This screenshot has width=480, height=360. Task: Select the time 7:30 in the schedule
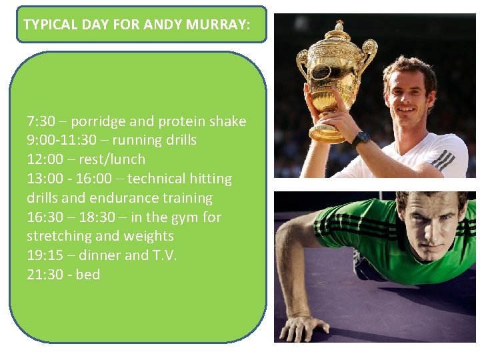41,121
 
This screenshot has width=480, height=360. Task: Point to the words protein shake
204,121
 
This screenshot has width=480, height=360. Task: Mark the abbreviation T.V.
161,255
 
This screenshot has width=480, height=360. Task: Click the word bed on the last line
88,275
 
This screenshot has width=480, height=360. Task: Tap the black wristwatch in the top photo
361,139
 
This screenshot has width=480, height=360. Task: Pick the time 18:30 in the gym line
101,217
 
